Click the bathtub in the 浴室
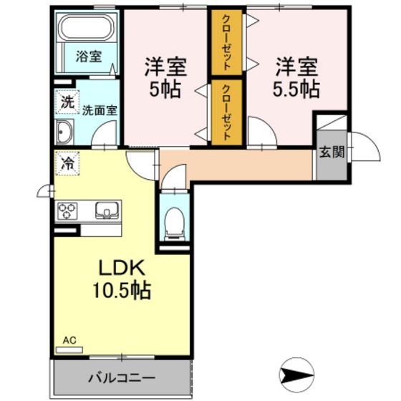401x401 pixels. pos(86,27)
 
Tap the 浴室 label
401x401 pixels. pos(89,57)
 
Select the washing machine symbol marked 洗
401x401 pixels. pos(67,102)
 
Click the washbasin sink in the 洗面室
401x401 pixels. pos(64,132)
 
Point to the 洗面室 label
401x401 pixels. pos(100,110)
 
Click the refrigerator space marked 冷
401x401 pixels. pos(67,163)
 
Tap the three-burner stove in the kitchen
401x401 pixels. pos(67,211)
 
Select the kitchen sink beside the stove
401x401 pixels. pos(107,211)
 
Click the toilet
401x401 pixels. pos(175,223)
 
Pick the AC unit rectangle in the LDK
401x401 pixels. pos(69,350)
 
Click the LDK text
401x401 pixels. pos(122,268)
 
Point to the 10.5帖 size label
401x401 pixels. pos(122,290)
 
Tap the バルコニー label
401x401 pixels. pos(122,378)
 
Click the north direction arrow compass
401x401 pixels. pos(296,375)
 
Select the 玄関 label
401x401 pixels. pos(332,152)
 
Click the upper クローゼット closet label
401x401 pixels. pos(227,42)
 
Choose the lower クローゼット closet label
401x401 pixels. pos(227,112)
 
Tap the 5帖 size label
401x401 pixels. pos(165,90)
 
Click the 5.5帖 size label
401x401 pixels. pos(296,90)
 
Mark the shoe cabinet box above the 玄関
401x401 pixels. pos(332,122)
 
